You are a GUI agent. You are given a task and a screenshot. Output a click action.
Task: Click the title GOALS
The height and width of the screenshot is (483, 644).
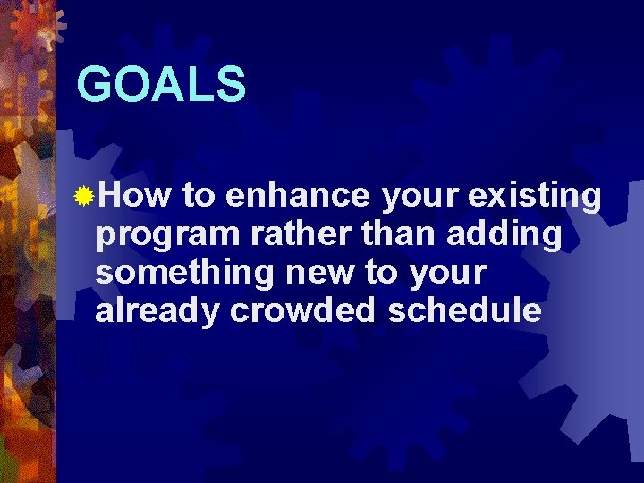pos(161,85)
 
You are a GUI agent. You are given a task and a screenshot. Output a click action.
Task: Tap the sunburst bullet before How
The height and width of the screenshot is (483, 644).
pos(85,196)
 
